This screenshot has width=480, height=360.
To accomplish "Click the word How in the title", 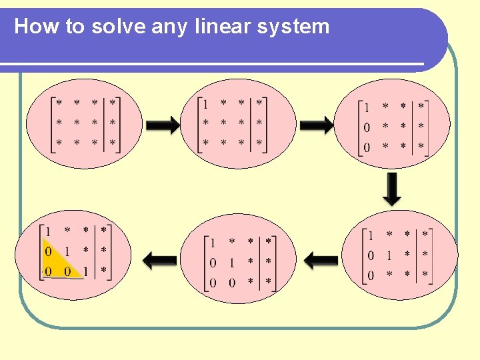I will (x=34, y=27).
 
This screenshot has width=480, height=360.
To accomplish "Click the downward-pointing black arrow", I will (x=393, y=189).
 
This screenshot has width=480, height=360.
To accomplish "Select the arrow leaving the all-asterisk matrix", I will (x=162, y=125).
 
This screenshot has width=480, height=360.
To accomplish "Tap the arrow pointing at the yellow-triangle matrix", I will (x=159, y=259).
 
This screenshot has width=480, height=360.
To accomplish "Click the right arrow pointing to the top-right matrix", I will (x=316, y=125).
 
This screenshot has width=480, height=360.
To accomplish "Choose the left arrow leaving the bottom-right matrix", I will (x=324, y=259).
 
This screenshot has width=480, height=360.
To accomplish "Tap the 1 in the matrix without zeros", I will (x=205, y=104).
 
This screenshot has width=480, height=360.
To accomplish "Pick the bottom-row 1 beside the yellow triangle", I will (x=86, y=271).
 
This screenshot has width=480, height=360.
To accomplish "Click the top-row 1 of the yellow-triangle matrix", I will (x=48, y=231).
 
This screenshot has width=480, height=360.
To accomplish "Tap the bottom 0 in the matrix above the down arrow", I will (x=367, y=147).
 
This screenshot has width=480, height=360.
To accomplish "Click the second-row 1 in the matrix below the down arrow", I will (x=389, y=255).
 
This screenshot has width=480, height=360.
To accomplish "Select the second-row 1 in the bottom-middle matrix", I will (x=231, y=263).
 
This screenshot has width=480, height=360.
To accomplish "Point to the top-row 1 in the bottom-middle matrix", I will (x=213, y=242).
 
